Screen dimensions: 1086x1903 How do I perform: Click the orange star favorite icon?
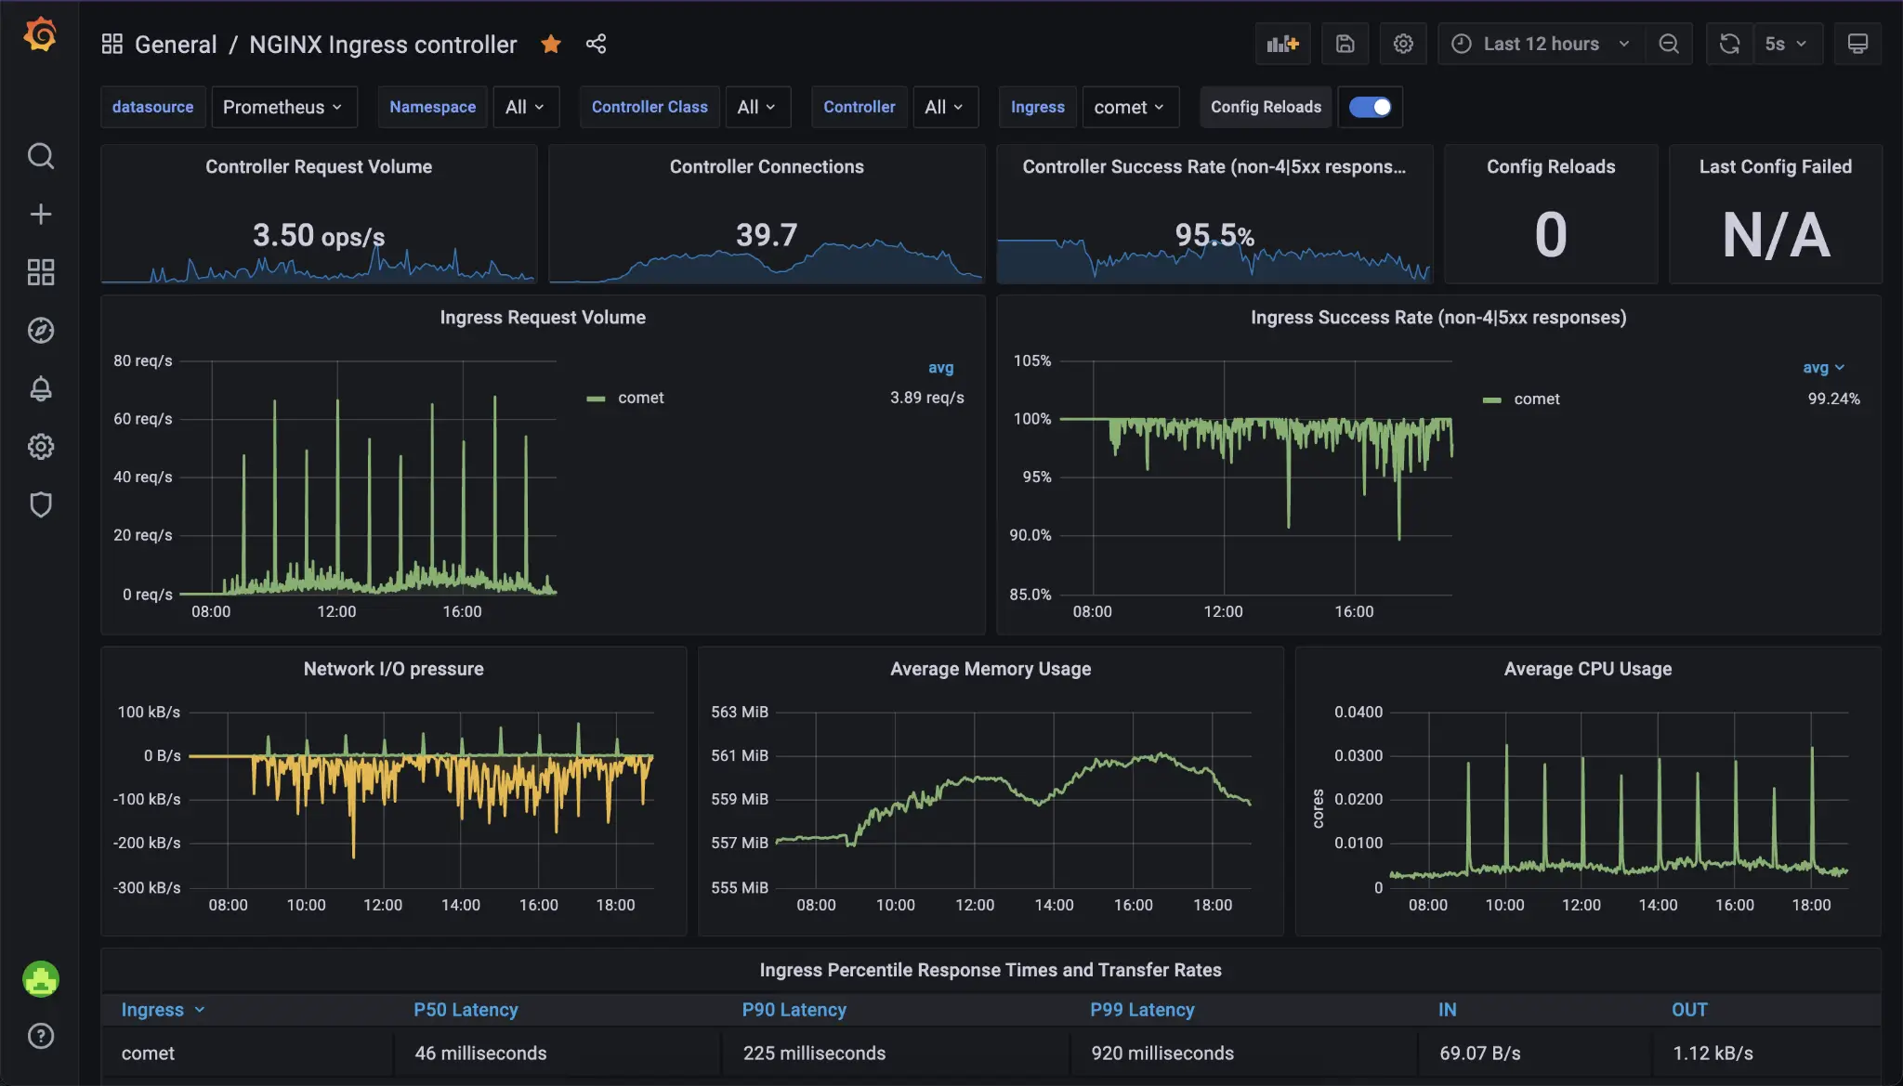551,44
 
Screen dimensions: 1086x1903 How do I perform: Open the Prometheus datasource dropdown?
282,107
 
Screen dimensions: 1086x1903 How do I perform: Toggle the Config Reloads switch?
1370,107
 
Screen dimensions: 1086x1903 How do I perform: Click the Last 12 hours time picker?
1541,44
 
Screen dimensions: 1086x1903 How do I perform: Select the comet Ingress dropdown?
1129,107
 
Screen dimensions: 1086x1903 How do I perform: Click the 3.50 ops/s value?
318,235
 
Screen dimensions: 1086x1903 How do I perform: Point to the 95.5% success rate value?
1214,235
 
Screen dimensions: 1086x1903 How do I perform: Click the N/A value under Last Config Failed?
1775,235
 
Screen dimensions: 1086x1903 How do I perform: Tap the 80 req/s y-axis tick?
142,360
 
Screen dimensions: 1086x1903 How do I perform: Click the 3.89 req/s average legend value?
926,398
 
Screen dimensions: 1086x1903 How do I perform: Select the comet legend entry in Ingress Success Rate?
1536,399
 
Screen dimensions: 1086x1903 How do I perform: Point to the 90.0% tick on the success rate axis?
1030,535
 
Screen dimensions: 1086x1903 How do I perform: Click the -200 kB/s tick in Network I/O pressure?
147,843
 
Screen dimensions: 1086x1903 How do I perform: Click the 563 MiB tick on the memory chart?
740,712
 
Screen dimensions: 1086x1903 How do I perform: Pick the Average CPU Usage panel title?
1587,669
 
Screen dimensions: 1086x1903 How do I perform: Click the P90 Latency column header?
794,1010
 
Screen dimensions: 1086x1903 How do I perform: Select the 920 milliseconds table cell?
1162,1053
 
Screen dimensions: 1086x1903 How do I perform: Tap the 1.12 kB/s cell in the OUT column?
1713,1053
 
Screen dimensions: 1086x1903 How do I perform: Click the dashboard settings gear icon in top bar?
1403,44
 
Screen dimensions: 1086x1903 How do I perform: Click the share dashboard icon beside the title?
596,44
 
